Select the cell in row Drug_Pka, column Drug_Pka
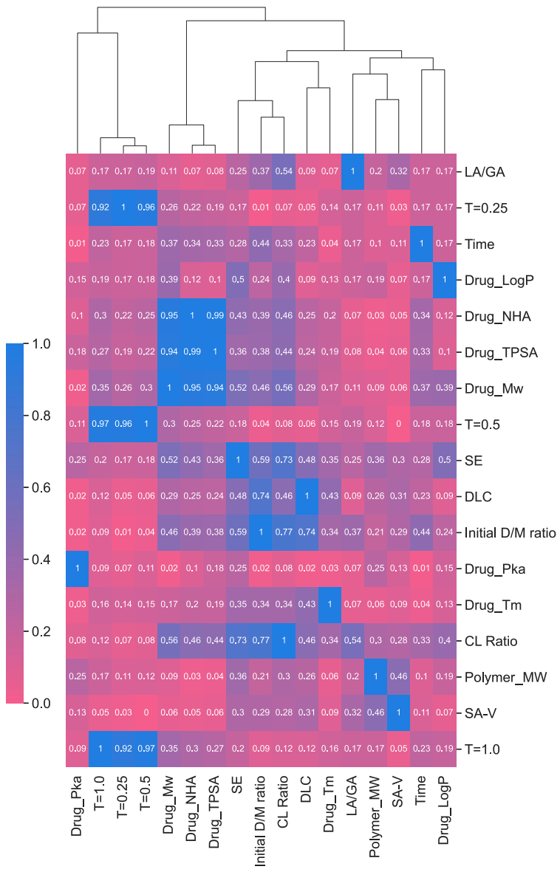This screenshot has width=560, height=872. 77,569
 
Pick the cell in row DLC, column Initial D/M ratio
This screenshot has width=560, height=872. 261,496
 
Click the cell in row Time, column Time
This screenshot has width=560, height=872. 421,244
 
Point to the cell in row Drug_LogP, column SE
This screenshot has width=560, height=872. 238,280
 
